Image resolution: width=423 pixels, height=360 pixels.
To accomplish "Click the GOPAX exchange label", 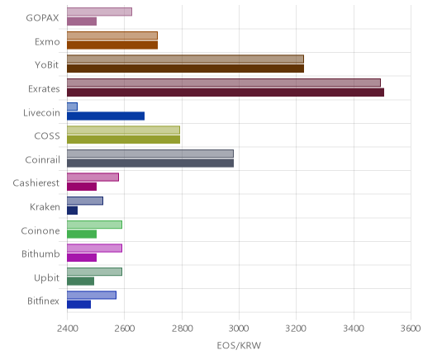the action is pyautogui.click(x=42, y=18).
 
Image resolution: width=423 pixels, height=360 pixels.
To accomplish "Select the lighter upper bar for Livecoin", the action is pyautogui.click(x=72, y=107).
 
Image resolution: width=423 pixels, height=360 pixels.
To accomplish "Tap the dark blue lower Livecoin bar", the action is pyautogui.click(x=106, y=116).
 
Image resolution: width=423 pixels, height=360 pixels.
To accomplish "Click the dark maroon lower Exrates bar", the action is pyautogui.click(x=226, y=92).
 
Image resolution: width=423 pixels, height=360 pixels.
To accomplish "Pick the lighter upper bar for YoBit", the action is pyautogui.click(x=185, y=59).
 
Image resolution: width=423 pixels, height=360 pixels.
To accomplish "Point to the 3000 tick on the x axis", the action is pyautogui.click(x=239, y=329).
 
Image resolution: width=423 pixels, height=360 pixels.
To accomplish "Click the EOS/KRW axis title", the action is pyautogui.click(x=239, y=345).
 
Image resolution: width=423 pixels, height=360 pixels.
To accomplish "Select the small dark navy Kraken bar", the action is pyautogui.click(x=72, y=211).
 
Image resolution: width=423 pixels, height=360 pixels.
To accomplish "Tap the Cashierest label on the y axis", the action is pyautogui.click(x=36, y=183).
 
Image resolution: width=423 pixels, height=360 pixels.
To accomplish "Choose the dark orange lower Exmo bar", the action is pyautogui.click(x=112, y=45).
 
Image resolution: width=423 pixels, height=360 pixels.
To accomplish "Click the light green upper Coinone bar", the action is pyautogui.click(x=94, y=225).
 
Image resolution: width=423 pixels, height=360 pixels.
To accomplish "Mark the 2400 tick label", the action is pyautogui.click(x=67, y=329).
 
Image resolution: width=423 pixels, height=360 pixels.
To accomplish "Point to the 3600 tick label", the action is pyautogui.click(x=411, y=329).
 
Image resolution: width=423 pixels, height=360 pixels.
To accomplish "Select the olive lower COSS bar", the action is pyautogui.click(x=123, y=140).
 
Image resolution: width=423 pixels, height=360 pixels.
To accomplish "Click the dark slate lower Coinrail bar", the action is pyautogui.click(x=150, y=163).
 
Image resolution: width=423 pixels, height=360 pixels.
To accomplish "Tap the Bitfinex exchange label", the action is pyautogui.click(x=43, y=301).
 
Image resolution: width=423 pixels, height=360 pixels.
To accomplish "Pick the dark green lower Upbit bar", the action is pyautogui.click(x=80, y=282).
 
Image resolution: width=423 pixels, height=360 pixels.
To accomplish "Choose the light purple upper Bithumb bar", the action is pyautogui.click(x=94, y=249).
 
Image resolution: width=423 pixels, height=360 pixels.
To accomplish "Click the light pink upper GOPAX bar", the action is pyautogui.click(x=99, y=12).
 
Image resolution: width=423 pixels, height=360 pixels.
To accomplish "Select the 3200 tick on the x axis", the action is pyautogui.click(x=296, y=329).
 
